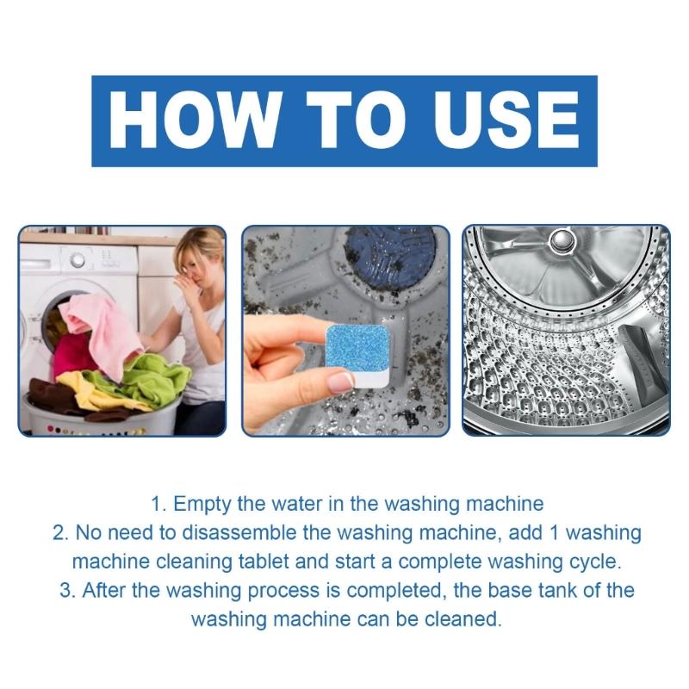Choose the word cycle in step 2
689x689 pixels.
coord(592,562)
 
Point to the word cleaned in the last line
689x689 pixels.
coord(469,618)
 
